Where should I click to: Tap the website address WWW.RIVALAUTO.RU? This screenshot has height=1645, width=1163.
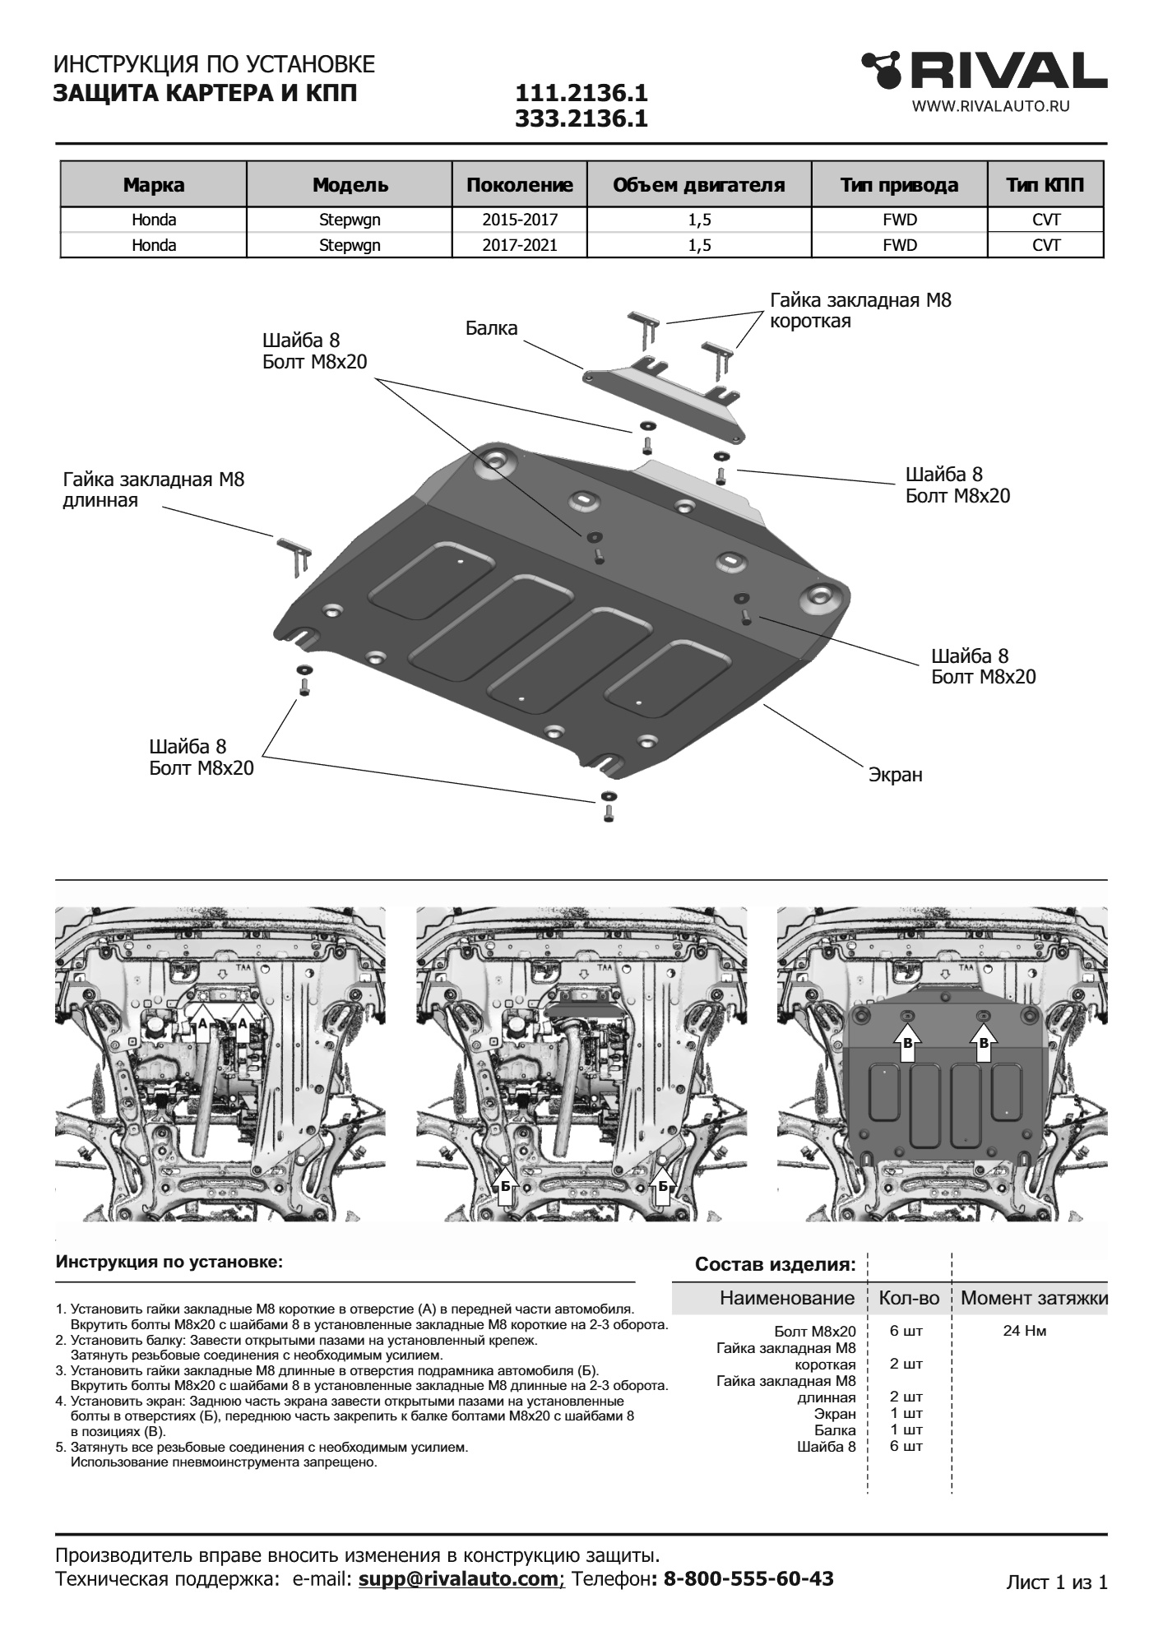990,106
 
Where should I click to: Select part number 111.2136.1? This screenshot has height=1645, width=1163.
581,94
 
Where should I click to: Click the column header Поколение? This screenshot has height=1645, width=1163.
519,185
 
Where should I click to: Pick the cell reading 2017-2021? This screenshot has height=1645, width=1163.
519,245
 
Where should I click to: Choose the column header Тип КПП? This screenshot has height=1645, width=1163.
1045,185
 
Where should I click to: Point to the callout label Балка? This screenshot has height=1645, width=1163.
491,328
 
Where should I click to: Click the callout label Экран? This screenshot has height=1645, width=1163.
895,775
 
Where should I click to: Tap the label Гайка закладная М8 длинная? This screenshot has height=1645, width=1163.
153,489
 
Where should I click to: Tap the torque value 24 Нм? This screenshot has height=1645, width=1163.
1024,1331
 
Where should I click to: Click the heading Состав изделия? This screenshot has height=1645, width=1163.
775,1264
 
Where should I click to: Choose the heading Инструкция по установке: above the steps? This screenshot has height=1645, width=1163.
169,1262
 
